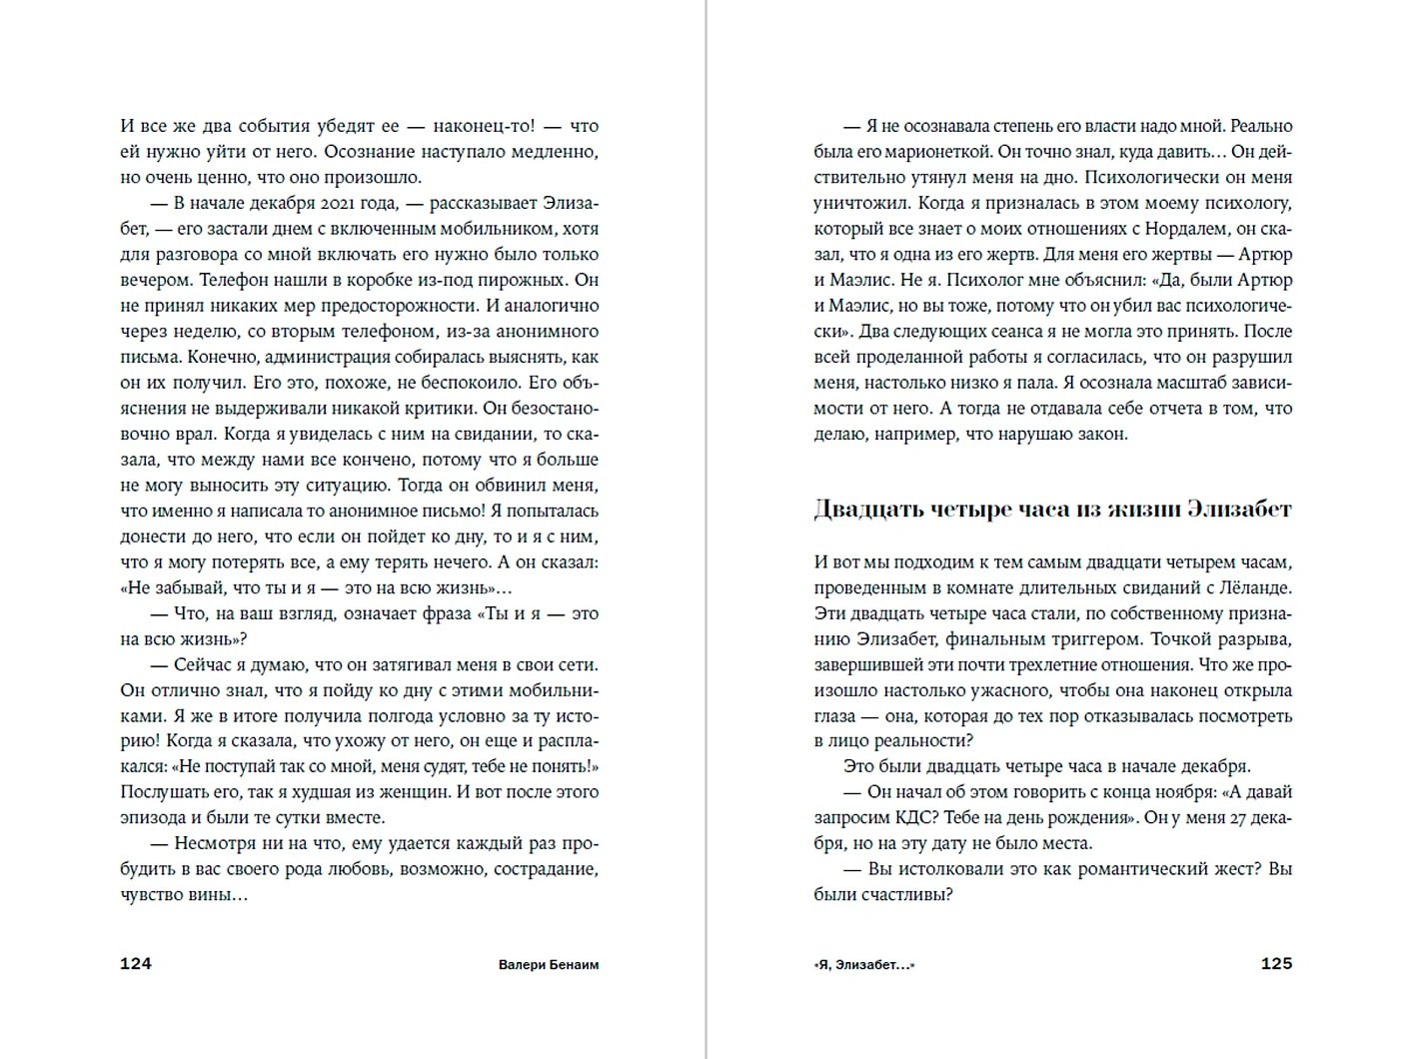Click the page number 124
[x=135, y=964]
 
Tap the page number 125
[x=1276, y=964]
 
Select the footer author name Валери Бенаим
[x=548, y=965]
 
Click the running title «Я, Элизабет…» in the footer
[x=864, y=965]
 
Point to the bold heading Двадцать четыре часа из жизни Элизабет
[x=1052, y=510]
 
